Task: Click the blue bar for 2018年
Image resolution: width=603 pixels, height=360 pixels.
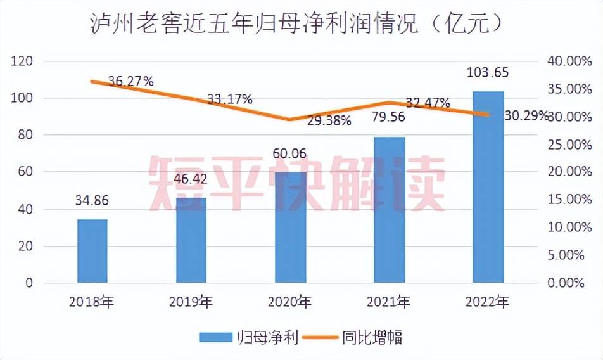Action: [x=92, y=251]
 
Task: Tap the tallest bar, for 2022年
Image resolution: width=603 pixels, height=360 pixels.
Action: [x=488, y=187]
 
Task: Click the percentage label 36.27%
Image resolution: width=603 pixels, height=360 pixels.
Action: [x=131, y=80]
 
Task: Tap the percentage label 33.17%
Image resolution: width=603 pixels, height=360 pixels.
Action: [x=229, y=99]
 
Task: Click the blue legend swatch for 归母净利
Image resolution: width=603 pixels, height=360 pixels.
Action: [x=215, y=337]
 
